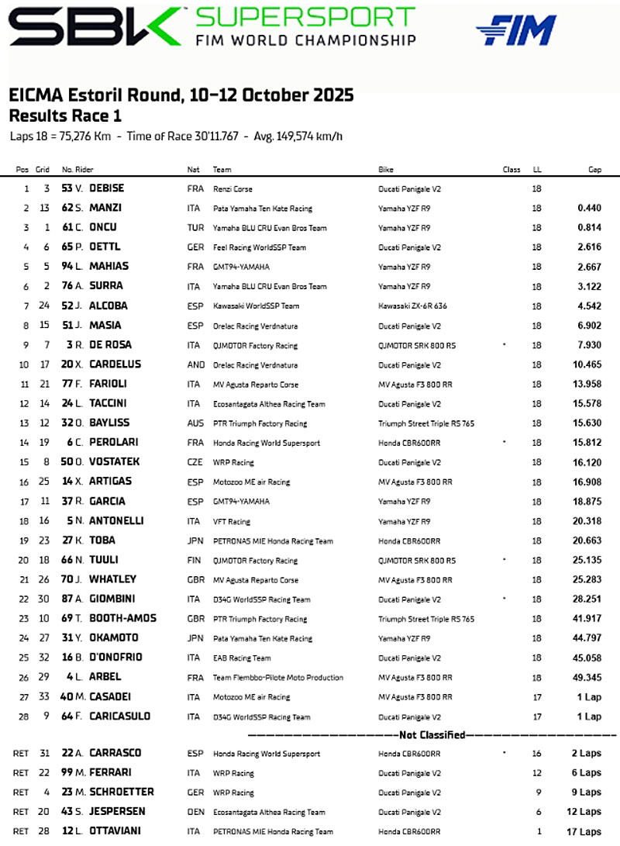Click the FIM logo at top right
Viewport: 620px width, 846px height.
516,30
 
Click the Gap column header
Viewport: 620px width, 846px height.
594,169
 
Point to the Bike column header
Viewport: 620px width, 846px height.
385,169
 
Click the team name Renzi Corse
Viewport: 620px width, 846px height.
232,188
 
